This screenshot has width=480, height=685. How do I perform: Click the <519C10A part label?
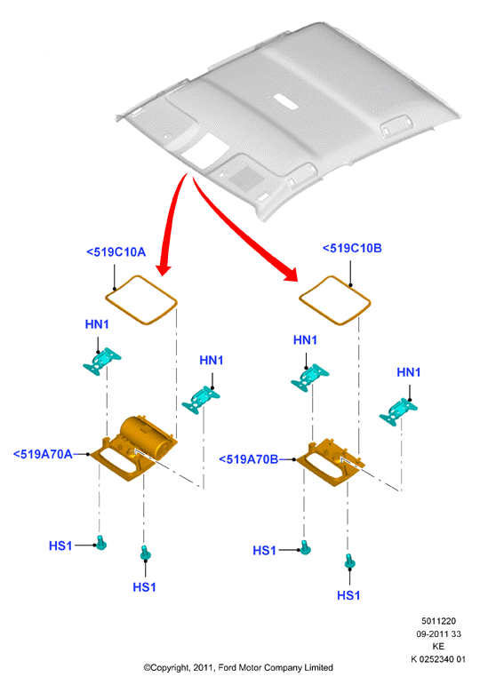(x=116, y=252)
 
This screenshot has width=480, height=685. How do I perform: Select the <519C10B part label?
(x=352, y=248)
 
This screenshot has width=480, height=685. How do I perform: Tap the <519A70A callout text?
(x=43, y=454)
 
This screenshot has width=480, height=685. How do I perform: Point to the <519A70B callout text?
(x=248, y=459)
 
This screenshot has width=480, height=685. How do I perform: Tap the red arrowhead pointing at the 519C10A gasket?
(x=164, y=268)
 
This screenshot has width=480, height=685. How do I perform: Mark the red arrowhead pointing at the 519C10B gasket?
(x=291, y=275)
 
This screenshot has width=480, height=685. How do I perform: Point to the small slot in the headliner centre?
(x=286, y=101)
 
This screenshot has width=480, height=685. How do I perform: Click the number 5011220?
(x=438, y=621)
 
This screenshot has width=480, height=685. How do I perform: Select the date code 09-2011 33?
(x=438, y=633)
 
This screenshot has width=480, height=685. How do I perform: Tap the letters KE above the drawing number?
(x=438, y=647)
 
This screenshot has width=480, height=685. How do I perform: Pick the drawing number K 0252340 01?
(x=438, y=659)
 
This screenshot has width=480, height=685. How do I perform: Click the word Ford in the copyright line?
(x=227, y=667)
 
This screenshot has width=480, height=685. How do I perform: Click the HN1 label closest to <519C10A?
(x=97, y=324)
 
